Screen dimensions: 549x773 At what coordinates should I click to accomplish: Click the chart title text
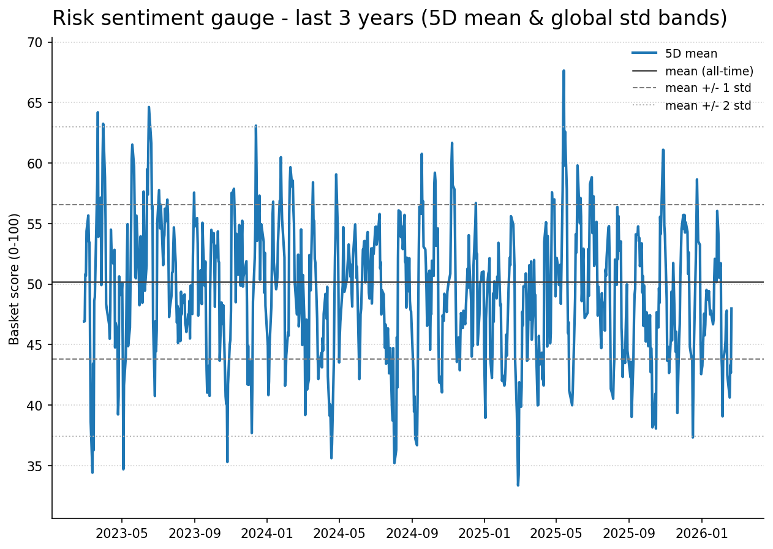[390, 18]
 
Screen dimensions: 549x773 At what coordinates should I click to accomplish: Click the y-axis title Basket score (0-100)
[15, 279]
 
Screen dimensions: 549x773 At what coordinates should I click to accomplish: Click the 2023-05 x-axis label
[122, 532]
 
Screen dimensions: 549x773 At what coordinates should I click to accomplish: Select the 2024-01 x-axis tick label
[268, 532]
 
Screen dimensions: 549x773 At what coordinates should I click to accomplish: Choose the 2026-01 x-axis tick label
[701, 532]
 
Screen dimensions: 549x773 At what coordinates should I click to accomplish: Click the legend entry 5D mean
[691, 54]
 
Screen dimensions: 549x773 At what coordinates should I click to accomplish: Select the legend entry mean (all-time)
[709, 71]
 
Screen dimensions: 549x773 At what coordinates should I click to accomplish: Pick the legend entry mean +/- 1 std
[707, 88]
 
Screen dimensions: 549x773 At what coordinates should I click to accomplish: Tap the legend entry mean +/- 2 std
[707, 105]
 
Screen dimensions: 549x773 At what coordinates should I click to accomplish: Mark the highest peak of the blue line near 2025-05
[564, 71]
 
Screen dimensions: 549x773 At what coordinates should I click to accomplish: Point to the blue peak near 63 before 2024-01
[255, 126]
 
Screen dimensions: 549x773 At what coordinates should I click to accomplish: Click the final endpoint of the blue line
[731, 308]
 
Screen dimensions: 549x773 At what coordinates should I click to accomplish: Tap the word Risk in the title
[69, 18]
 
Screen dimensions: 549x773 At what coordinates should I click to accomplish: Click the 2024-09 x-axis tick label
[412, 532]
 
